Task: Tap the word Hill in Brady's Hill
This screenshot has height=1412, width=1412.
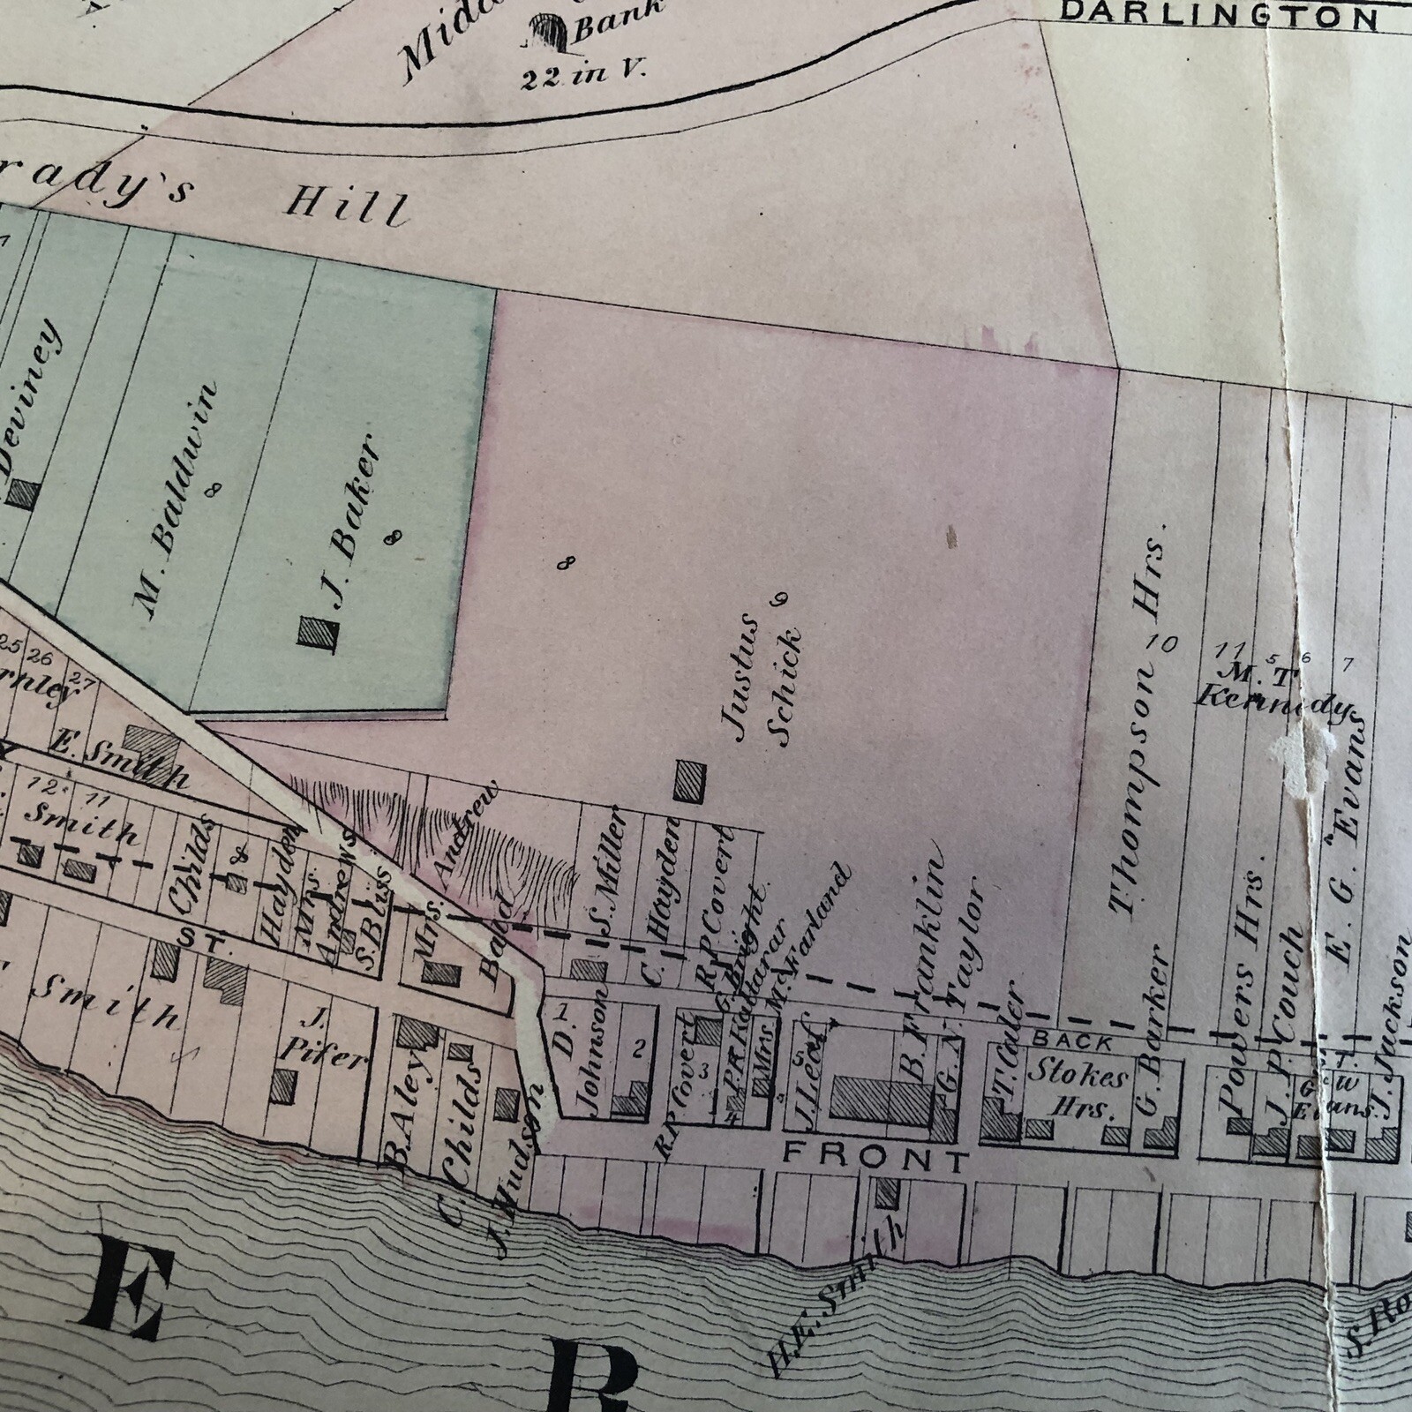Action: pos(347,208)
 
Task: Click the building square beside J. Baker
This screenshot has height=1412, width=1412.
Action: pos(318,633)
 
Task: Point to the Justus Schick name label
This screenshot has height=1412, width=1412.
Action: pos(761,680)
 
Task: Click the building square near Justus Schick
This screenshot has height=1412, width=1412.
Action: pos(689,781)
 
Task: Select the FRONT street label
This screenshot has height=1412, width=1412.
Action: pos(875,1157)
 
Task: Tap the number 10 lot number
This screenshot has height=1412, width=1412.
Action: pos(1163,644)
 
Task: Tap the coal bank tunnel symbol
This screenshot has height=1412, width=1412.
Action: pos(548,34)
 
